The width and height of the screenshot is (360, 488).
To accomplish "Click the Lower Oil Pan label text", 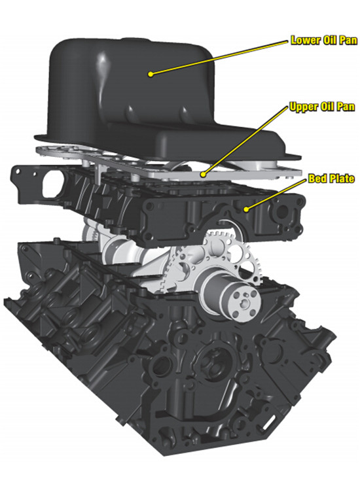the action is (324, 40).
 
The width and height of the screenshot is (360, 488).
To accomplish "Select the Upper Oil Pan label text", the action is (322, 107).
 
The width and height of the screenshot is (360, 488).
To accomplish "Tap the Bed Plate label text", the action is (331, 179).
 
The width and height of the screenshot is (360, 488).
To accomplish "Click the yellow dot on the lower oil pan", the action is (151, 74).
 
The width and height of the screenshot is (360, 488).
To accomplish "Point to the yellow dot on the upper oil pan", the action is (203, 175).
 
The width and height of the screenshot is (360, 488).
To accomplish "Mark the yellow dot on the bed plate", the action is (246, 209).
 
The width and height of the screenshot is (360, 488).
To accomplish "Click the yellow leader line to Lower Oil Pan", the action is (219, 58).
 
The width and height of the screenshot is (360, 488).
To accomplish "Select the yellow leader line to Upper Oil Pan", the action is (245, 141).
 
